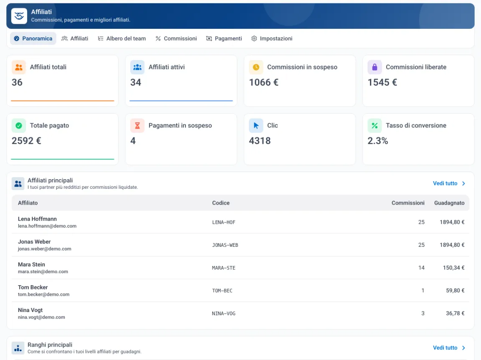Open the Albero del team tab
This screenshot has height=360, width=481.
122,38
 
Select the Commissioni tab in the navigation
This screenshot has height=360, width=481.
176,38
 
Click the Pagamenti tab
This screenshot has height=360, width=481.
224,38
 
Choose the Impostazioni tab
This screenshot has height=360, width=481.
272,38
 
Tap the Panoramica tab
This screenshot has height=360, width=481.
33,38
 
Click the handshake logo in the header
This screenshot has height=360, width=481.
19,16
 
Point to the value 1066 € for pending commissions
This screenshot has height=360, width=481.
264,82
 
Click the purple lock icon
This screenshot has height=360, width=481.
375,67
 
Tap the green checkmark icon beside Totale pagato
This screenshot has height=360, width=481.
19,126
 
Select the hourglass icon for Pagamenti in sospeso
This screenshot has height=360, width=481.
137,126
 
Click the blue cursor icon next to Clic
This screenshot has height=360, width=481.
256,126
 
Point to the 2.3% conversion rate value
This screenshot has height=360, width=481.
378,141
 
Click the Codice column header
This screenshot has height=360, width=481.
221,203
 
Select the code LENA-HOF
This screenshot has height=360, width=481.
224,222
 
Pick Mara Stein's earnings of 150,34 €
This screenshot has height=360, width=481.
454,268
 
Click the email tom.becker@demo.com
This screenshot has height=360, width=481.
43,294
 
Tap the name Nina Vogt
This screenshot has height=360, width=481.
30,310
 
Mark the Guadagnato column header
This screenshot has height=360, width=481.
449,203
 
